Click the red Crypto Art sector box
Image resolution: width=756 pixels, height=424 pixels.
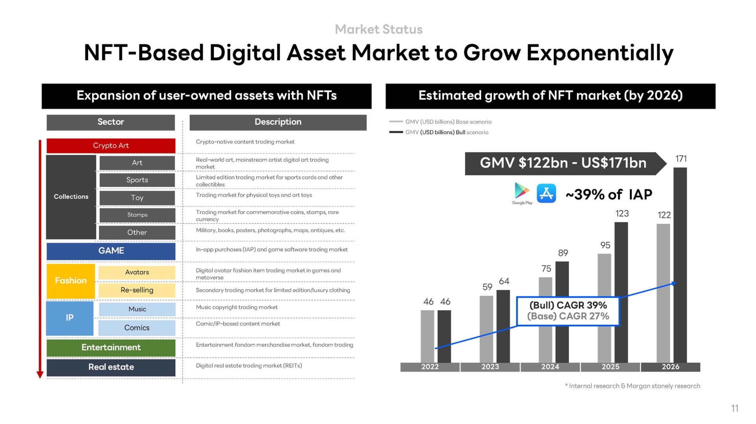(111, 145)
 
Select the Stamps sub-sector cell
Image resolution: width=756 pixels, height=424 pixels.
(137, 215)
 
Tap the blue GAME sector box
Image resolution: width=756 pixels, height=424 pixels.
(111, 251)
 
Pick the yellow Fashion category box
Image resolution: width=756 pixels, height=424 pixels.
(70, 281)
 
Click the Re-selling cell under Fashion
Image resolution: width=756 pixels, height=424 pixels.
(137, 290)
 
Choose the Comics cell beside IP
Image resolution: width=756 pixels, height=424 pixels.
(137, 328)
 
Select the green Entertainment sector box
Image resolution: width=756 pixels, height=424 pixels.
(111, 347)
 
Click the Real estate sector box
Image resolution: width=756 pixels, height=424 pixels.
(111, 367)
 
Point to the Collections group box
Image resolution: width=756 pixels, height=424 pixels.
(71, 196)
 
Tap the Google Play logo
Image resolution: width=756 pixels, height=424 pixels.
(522, 193)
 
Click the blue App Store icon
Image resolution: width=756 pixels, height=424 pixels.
(546, 193)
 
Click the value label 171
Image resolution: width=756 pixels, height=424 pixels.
(681, 159)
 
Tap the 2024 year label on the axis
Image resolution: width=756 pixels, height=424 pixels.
(550, 367)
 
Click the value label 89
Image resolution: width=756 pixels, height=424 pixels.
(563, 253)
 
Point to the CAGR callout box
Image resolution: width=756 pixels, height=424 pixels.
(568, 311)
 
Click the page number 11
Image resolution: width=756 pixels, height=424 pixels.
(734, 408)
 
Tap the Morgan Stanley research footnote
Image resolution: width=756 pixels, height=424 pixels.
(632, 386)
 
